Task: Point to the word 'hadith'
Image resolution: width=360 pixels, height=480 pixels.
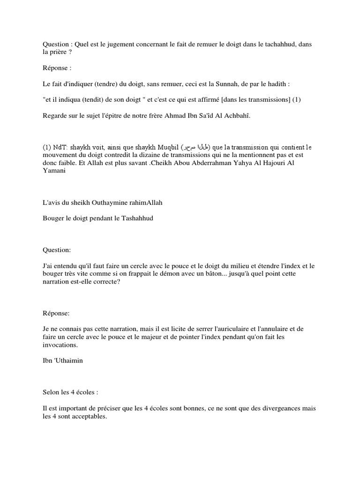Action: click(x=276, y=84)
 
